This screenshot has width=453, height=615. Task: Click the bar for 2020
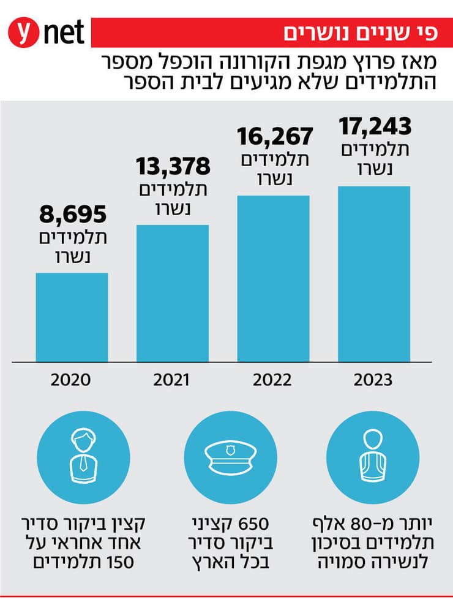(72, 317)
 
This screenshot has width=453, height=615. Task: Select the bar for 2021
(172, 293)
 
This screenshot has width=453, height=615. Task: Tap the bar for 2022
(273, 278)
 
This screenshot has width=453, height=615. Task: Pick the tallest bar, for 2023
(373, 273)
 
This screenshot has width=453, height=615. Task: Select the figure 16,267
(275, 136)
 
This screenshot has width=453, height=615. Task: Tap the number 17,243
(375, 126)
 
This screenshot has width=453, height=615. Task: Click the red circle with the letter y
(24, 34)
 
